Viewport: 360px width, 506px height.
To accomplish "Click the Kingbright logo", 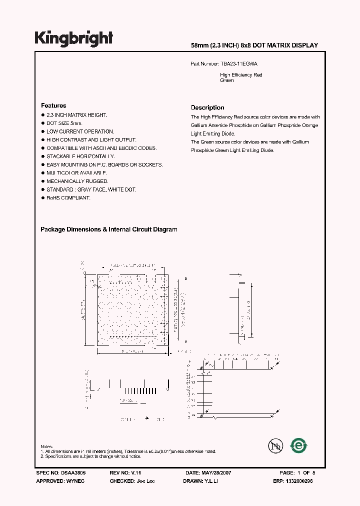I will [x=73, y=38].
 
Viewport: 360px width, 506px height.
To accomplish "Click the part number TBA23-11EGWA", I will [x=238, y=64].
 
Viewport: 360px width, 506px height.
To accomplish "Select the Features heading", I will [x=53, y=106].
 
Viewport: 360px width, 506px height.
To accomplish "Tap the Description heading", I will [x=207, y=107].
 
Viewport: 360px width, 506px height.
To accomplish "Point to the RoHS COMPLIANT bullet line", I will [x=68, y=198].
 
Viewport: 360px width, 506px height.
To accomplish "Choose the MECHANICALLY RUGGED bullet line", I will [x=77, y=181].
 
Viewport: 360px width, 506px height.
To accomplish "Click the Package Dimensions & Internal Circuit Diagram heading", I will [x=108, y=229].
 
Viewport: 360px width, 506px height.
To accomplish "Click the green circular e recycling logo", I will [x=299, y=445].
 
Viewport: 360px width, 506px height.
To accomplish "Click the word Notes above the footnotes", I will [x=46, y=446].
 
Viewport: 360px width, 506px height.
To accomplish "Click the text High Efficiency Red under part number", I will [x=241, y=75].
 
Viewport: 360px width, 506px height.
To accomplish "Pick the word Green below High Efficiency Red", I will [x=227, y=80].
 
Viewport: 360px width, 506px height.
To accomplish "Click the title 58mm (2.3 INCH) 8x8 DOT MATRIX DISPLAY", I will [x=254, y=45].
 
